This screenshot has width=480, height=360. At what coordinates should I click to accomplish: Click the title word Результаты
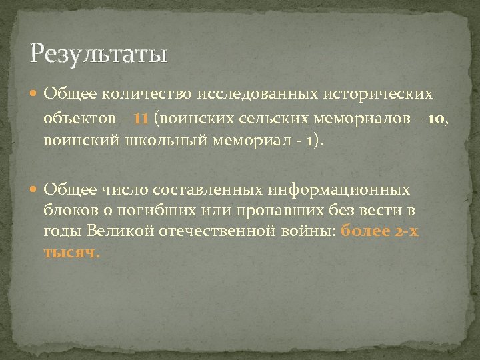point(98,52)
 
